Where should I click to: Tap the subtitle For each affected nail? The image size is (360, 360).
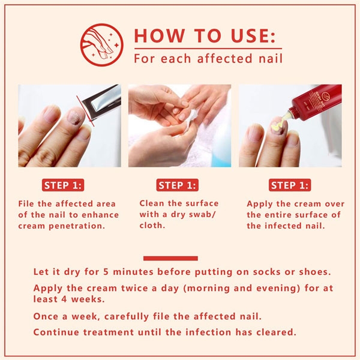pos(208,59)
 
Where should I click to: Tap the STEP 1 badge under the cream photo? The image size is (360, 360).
pos(290,185)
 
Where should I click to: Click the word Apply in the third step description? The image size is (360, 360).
pos(260,204)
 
